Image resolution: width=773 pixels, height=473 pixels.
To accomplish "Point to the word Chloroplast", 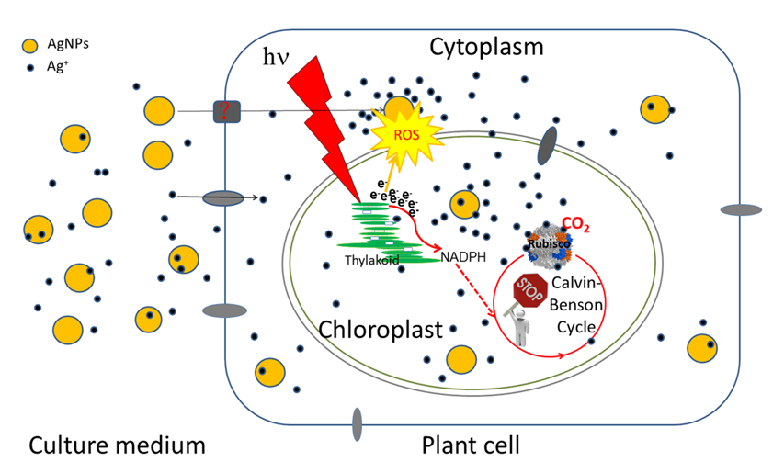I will click(x=381, y=329).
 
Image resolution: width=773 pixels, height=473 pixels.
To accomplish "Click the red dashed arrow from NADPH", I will click(x=470, y=292).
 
